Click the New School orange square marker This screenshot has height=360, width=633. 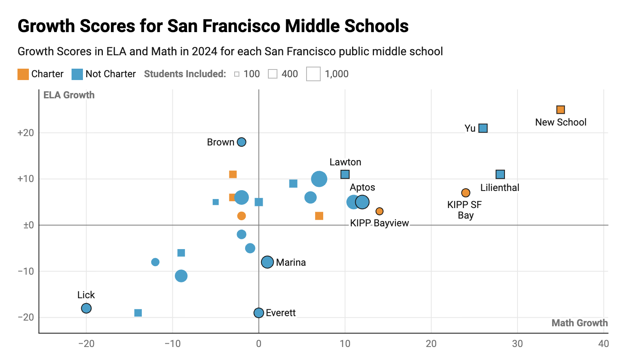coord(561,110)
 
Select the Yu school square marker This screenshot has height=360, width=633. coord(483,128)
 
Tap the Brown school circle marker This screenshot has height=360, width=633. coord(241,142)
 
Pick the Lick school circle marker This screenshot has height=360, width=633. coord(86,308)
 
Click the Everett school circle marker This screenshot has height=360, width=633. coord(259,312)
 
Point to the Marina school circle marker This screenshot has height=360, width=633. coord(268,262)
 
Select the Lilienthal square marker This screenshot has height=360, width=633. coord(500,174)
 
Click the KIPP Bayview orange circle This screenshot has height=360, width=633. coord(379,211)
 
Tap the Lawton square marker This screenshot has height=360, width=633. coord(345,174)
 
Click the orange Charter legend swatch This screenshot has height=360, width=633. coord(23,74)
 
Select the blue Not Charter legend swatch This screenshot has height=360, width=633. coord(77,74)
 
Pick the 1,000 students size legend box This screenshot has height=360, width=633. coord(313,74)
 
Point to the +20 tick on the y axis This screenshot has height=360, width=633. coord(26,133)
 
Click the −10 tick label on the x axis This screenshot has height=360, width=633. coord(172,344)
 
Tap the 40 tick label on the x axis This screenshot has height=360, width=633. coord(604,344)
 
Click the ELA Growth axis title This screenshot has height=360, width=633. coord(69,95)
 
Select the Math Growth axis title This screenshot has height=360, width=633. coord(580,323)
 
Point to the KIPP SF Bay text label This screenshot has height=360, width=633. coord(465,210)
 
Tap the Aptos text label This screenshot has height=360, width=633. coord(362,187)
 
